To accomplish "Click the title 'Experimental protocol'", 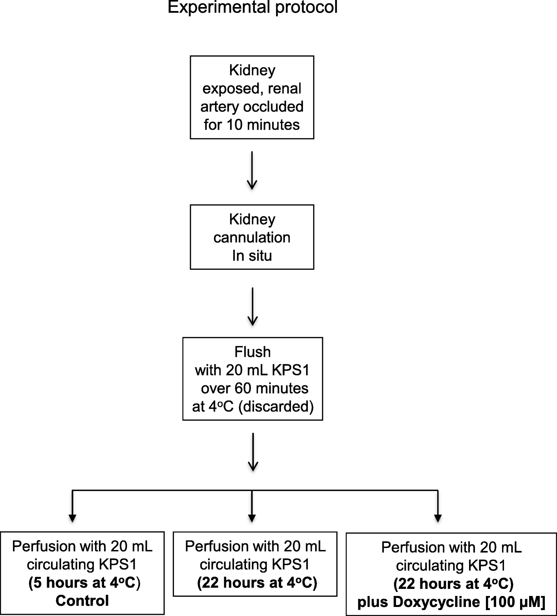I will point(252,7).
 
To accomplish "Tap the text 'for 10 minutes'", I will point(252,125).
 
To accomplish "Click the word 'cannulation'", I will point(252,237).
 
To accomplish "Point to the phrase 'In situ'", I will point(252,256).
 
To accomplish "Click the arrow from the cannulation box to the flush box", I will point(252,306).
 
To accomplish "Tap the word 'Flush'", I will point(252,352).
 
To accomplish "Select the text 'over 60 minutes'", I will point(255,389).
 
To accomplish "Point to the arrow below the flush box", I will point(253,452).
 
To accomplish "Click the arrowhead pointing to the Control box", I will point(72,517).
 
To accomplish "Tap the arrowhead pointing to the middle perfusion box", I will point(252,517).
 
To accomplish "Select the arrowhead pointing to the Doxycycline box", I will point(438,517).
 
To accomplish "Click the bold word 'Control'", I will point(82,601).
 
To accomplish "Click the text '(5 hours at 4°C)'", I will point(84,583).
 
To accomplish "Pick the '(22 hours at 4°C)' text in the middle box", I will point(257,583).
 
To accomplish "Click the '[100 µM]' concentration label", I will point(515,602).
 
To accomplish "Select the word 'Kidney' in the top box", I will point(252,70).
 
